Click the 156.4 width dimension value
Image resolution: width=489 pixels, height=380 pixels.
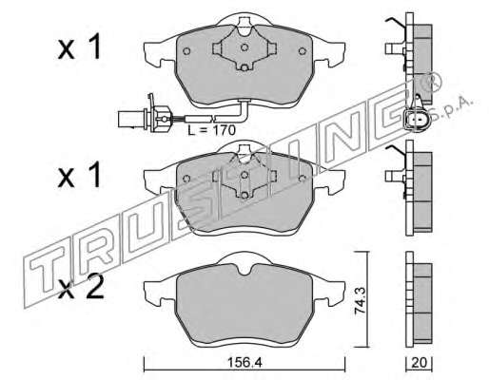(244, 363)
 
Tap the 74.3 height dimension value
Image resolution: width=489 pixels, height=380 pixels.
(361, 301)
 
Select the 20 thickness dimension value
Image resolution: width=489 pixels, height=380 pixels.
(420, 363)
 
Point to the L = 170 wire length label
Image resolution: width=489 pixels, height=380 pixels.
(211, 130)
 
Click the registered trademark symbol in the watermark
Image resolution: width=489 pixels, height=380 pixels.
(432, 82)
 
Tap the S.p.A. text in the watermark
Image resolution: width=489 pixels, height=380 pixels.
(451, 108)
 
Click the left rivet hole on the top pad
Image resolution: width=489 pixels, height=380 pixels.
(186, 51)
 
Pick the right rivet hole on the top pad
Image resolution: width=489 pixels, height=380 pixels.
(303, 51)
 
